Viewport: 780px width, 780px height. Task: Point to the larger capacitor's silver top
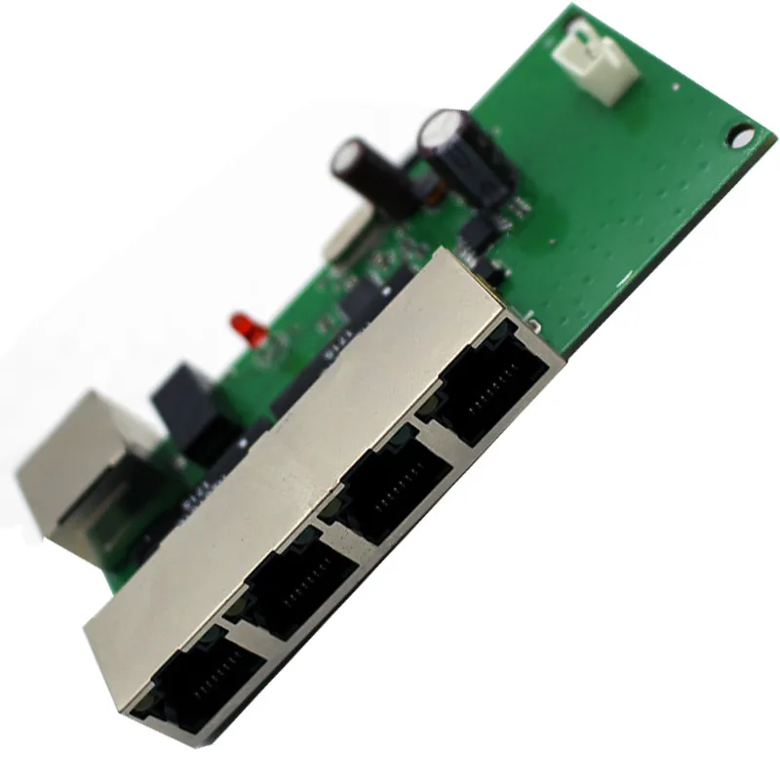441,127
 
